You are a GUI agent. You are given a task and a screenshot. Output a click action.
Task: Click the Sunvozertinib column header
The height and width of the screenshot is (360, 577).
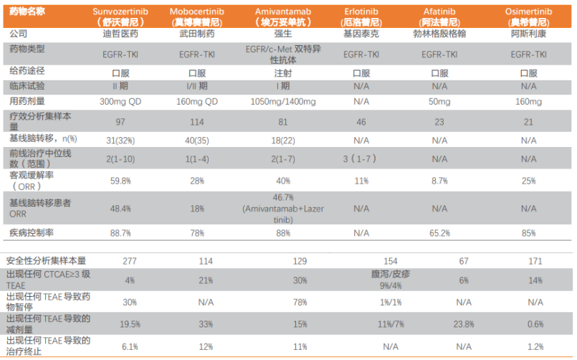tap(120, 16)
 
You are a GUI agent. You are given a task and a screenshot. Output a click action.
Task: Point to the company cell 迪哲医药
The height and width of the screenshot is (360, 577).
tap(120, 34)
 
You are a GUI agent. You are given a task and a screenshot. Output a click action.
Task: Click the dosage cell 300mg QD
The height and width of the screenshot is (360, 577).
tap(120, 102)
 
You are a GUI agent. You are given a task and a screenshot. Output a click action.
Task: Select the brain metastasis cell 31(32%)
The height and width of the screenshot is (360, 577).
tap(120, 138)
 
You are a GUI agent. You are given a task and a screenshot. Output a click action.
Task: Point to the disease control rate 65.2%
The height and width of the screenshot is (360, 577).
tap(439, 233)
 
